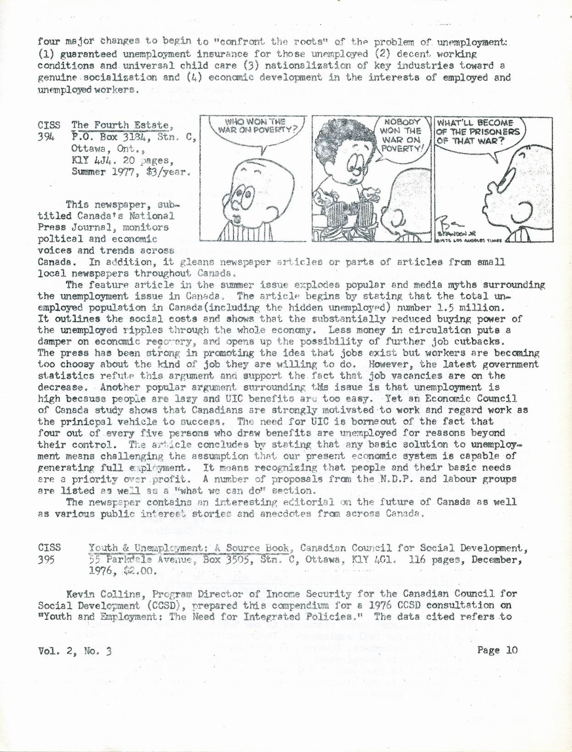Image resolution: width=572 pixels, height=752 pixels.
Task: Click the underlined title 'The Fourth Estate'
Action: [x=119, y=125]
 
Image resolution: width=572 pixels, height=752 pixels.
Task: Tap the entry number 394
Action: [x=47, y=137]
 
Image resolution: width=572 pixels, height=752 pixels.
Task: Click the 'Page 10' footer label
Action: [x=497, y=650]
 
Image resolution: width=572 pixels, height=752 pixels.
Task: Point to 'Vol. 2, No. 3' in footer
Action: [x=75, y=651]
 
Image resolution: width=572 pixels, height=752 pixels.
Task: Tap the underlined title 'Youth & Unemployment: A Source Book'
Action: [x=189, y=548]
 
